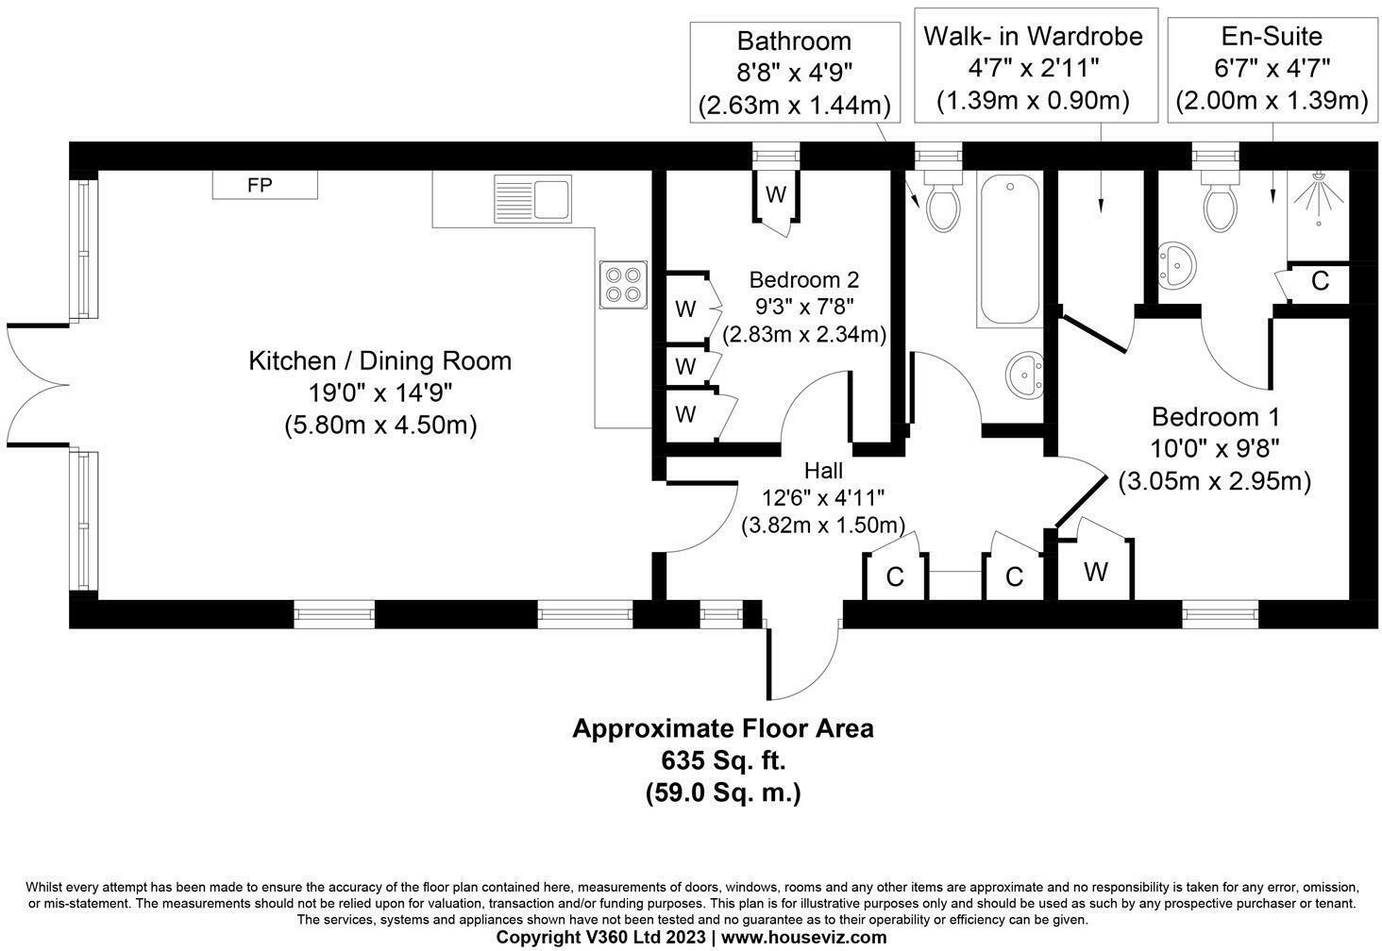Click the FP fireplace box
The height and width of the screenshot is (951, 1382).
(263, 185)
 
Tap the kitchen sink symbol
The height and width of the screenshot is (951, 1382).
(532, 198)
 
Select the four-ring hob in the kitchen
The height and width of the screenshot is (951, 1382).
(623, 284)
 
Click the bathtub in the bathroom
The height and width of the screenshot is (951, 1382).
(1010, 250)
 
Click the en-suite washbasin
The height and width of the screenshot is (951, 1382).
(1176, 266)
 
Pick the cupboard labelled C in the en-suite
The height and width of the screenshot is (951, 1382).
(1320, 281)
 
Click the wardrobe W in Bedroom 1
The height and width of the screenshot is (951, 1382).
(1095, 572)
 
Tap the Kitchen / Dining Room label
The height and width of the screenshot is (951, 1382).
(379, 361)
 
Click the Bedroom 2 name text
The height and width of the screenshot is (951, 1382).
(803, 280)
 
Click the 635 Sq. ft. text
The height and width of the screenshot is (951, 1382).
(723, 760)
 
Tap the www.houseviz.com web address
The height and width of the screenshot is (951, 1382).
(803, 938)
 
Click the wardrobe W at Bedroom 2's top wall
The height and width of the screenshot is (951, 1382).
(776, 195)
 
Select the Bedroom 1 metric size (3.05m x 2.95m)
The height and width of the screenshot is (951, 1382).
(1215, 481)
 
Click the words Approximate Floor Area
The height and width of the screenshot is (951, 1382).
(723, 729)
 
